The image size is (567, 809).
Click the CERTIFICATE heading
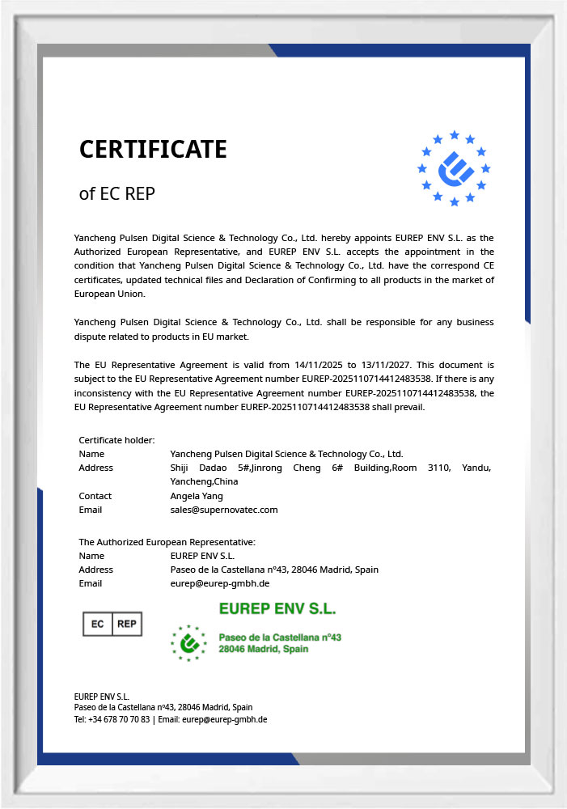(153, 150)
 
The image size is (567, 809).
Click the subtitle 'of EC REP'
(116, 194)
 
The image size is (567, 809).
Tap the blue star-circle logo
(454, 168)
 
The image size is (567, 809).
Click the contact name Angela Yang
(197, 496)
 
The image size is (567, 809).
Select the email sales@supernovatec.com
(224, 510)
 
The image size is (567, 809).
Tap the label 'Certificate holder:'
(116, 440)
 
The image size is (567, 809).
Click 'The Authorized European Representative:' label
(167, 542)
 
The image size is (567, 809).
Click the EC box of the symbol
(98, 624)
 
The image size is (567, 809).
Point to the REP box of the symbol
(127, 624)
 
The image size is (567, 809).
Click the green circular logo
(188, 642)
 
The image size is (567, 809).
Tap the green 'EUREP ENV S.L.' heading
(277, 608)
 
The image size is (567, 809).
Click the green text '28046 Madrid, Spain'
(264, 650)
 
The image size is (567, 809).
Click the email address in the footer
(225, 719)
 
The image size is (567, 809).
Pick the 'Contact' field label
(95, 496)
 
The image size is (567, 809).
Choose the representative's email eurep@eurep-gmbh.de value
(220, 583)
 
